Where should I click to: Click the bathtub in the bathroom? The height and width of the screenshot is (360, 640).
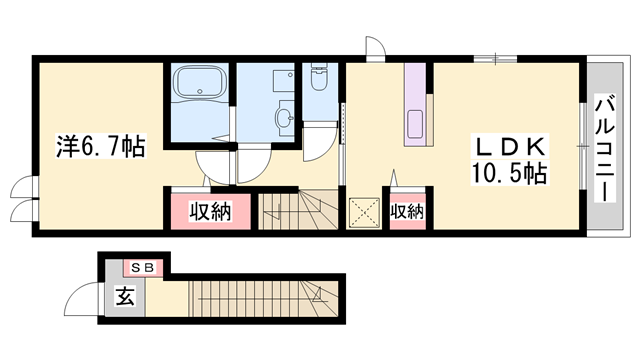pos(200,83)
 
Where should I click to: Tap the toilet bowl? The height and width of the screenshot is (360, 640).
pos(319,77)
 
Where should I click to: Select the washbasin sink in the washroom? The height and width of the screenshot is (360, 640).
pos(284,118)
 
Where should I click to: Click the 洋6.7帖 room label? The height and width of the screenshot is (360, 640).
pos(100,147)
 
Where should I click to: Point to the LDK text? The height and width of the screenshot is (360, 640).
pos(509,147)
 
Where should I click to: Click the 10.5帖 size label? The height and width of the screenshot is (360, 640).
pos(509,173)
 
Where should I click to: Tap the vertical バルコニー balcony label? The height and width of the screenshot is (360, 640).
pos(604,148)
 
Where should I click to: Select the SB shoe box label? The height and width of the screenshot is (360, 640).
pos(143,268)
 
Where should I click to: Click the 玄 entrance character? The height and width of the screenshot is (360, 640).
pos(124,296)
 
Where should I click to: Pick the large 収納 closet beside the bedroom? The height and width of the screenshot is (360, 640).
pos(211,211)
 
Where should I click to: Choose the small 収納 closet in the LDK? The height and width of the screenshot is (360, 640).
pos(407,211)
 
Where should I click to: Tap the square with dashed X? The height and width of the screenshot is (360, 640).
pos(363,212)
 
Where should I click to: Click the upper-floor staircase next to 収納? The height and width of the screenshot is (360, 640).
pos(299,211)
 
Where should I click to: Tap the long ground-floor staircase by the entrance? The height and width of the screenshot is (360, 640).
pos(264,298)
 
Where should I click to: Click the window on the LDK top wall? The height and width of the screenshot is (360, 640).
pos(495,59)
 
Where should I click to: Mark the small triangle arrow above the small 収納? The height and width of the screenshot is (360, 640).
pos(394,178)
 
